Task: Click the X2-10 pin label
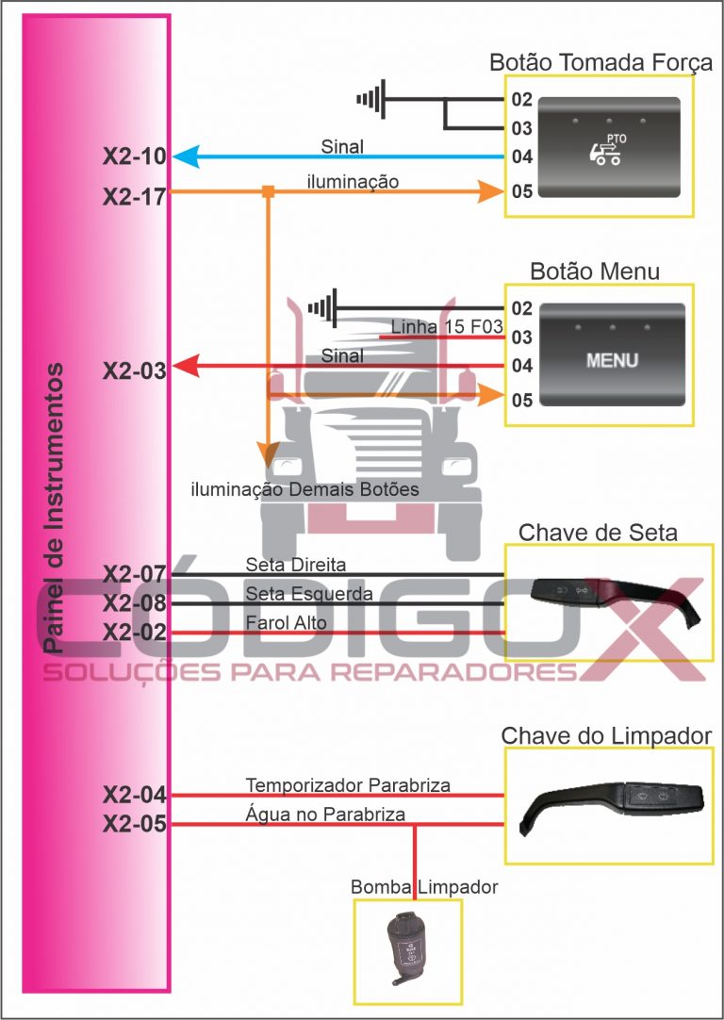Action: click(134, 156)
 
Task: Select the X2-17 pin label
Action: click(134, 196)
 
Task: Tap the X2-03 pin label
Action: click(134, 370)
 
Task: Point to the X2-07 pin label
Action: click(134, 573)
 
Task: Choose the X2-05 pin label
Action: click(134, 825)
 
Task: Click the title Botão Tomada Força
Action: click(601, 62)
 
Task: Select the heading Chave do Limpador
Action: click(606, 734)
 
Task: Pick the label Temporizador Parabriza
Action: click(348, 784)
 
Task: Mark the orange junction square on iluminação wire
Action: click(268, 192)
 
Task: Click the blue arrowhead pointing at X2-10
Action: click(184, 156)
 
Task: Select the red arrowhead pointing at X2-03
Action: click(185, 365)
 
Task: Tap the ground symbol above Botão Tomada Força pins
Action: click(372, 98)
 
